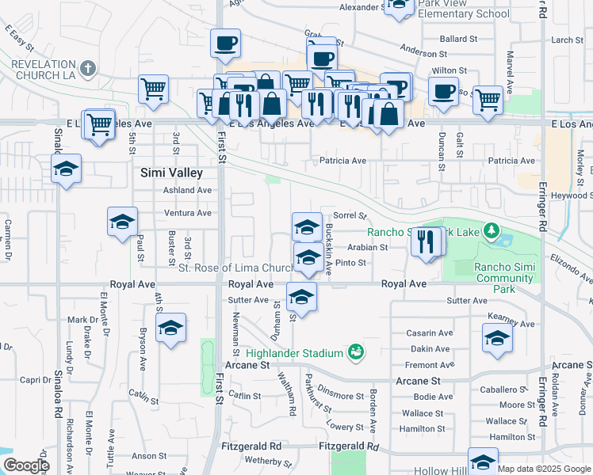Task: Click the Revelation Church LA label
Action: pos(44,67)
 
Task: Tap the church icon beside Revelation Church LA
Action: pos(88,68)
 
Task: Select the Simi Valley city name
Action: pos(171,172)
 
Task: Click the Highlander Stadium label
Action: pos(293,352)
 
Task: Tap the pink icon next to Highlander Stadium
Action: pos(357,351)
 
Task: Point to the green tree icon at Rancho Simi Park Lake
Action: pos(492,231)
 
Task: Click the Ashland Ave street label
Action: pos(187,190)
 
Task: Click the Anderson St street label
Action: pos(423,52)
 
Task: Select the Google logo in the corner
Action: pos(26,465)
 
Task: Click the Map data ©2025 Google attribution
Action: pos(544,469)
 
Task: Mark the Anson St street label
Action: pos(149,456)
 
